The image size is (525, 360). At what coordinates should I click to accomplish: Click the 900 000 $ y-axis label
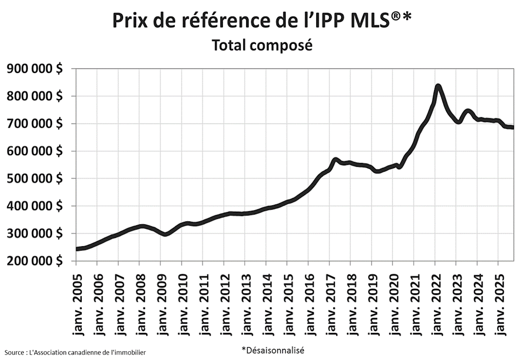[x=34, y=69]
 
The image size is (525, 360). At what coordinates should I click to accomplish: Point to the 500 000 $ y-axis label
[x=34, y=179]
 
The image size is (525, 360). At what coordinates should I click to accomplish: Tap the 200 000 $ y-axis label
[x=34, y=261]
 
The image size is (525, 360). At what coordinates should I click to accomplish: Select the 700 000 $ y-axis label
[x=34, y=124]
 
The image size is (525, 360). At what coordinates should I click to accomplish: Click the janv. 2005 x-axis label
[x=77, y=302]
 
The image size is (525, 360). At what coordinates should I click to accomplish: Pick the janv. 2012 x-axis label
[x=224, y=302]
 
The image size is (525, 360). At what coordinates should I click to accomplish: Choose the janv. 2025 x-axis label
[x=498, y=302]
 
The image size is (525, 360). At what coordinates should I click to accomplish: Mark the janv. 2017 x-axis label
[x=329, y=302]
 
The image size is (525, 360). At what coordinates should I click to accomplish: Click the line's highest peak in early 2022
[x=438, y=87]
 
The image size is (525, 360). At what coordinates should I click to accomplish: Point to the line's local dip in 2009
[x=165, y=234]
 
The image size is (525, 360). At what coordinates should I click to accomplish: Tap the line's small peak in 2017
[x=335, y=160]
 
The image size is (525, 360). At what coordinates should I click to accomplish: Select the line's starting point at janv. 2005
[x=77, y=249]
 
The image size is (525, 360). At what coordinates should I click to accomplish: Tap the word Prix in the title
[x=129, y=20]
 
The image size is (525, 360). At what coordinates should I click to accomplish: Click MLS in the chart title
[x=368, y=20]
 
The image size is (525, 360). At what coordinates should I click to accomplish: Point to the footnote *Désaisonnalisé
[x=272, y=349]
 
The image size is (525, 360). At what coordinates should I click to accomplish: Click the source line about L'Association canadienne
[x=75, y=352]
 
